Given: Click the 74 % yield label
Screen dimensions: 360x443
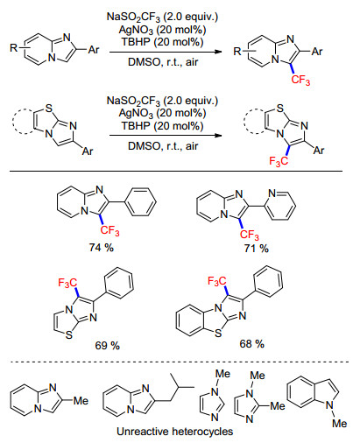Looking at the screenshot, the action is coord(101,248).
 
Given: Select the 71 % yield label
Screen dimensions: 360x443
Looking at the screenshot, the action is coord(256,249).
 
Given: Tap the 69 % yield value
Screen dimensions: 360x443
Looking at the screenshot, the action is coord(107,346).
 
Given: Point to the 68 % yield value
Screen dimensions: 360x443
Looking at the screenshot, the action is coord(251,344).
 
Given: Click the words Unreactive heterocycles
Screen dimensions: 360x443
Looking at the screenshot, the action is coord(175,431).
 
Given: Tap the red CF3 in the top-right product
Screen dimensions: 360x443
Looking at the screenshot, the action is coord(300,80).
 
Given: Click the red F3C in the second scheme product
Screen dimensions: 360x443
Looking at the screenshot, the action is coord(279,161).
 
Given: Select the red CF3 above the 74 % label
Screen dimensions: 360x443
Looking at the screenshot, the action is coord(109,230).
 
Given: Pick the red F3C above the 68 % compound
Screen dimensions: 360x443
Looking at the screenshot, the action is coord(216,281).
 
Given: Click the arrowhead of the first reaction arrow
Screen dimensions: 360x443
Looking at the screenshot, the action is coord(218,52).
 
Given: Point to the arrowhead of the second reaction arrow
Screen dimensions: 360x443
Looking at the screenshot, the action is coord(218,135).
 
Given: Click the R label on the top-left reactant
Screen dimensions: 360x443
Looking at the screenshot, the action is coord(14,47).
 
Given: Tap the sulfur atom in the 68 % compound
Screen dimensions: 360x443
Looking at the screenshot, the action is coord(218,334).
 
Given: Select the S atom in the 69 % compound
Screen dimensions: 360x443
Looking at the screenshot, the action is coord(69,335).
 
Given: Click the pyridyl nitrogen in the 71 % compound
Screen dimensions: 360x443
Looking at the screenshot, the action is coord(272,193).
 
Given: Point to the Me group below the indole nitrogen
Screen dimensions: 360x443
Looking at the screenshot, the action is coord(340,423).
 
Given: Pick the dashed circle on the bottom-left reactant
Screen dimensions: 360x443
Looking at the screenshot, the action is coord(24,122).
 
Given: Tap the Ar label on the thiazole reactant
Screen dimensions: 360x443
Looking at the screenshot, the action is coord(88,151).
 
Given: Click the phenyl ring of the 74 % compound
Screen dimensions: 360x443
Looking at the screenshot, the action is coord(140,202).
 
